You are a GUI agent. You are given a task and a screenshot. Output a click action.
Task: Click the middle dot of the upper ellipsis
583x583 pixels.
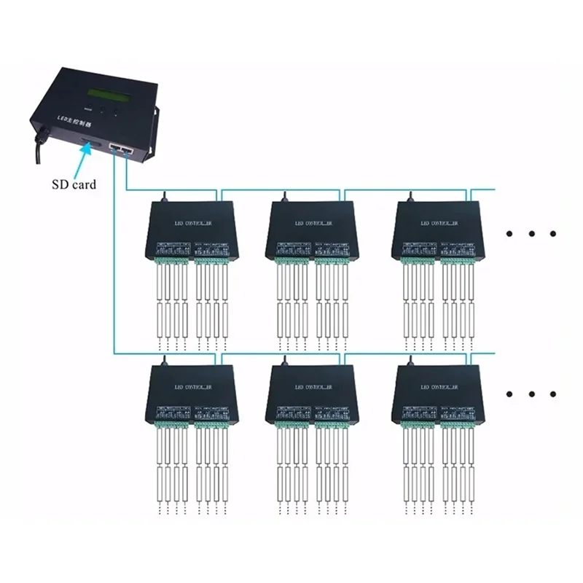click(533, 233)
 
